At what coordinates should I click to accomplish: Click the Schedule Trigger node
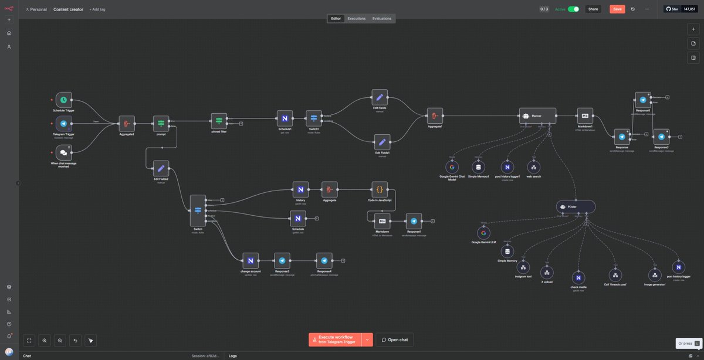coord(64,100)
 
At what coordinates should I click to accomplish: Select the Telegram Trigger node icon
coord(64,124)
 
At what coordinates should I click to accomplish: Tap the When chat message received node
coord(63,152)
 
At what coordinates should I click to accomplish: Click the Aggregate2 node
coord(127,124)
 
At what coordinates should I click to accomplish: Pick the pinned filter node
coord(219,121)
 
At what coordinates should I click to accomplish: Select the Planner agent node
coord(537,116)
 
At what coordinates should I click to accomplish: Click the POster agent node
coord(576,206)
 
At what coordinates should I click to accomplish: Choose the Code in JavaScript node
coord(380,189)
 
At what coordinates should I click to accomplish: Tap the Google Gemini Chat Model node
coord(451,167)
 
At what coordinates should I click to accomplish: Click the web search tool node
coord(533,167)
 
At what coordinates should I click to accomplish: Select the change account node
coord(251,261)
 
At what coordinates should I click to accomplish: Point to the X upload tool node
coord(547,272)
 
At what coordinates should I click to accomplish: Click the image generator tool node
coord(655,274)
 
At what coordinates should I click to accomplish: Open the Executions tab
coord(356,18)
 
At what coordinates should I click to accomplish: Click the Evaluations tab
coord(382,18)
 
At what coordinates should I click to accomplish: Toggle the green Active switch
coord(573,9)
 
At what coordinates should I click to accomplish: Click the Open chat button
coord(395,339)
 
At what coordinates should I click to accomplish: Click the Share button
coord(593,9)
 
